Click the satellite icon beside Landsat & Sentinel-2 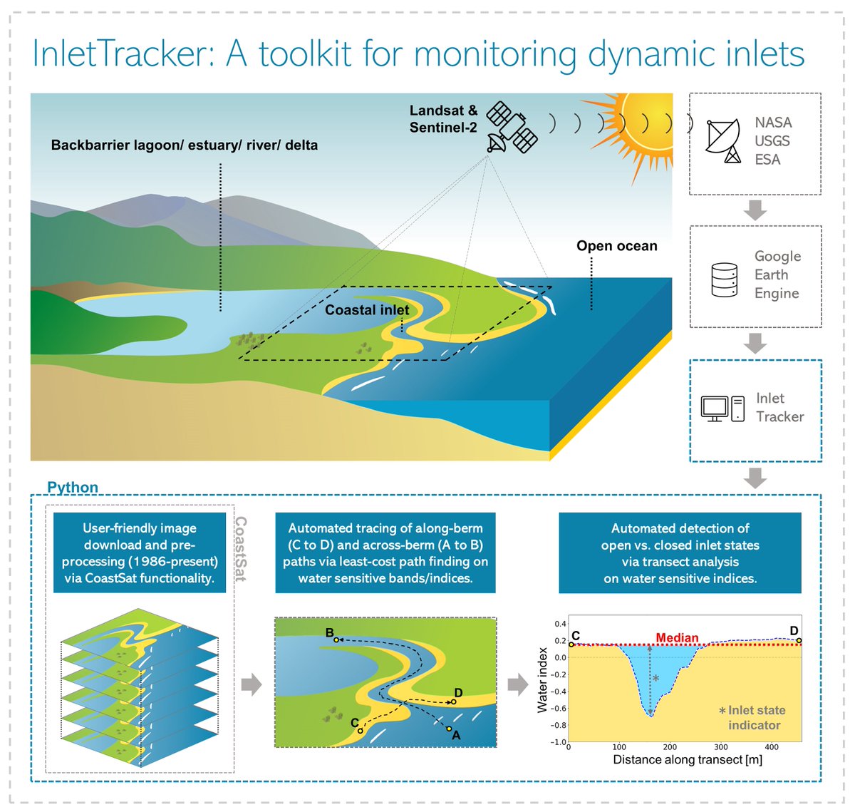(512, 127)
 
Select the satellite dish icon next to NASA (722, 141)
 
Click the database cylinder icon (724, 279)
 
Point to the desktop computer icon (722, 408)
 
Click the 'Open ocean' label (617, 246)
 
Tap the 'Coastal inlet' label (367, 310)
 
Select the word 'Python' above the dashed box (73, 487)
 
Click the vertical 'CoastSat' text (241, 549)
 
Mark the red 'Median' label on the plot (677, 637)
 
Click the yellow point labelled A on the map (450, 729)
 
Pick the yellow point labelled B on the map (336, 639)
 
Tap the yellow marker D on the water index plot (799, 641)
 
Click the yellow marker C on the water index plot (571, 644)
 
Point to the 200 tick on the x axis (670, 747)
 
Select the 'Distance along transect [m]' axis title (688, 760)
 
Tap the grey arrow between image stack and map (252, 684)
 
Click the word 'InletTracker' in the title (122, 54)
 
